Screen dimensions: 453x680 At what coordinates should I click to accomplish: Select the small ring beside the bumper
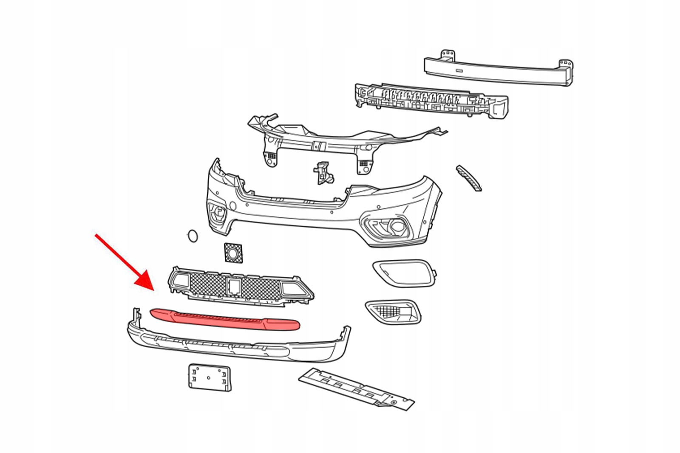[193, 236]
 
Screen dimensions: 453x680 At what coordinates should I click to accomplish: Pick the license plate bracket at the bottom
[210, 377]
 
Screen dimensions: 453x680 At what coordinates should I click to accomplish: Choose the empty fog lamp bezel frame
[404, 272]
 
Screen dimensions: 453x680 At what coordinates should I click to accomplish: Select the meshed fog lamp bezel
[393, 312]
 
